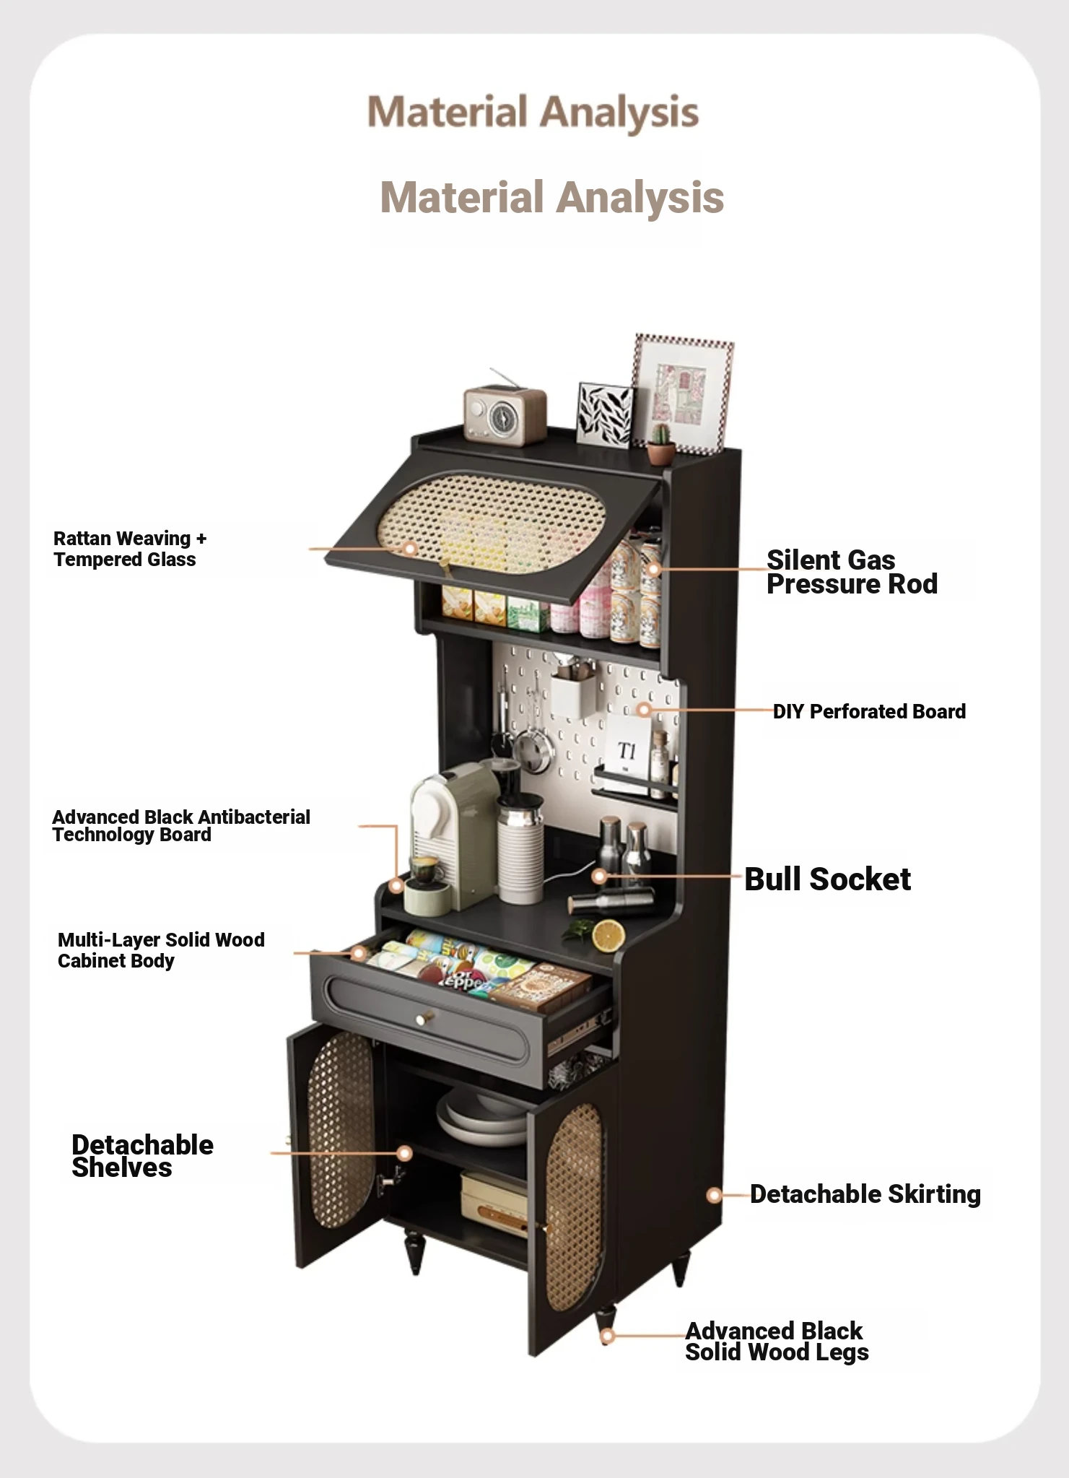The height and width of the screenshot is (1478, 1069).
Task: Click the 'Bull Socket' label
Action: (x=827, y=879)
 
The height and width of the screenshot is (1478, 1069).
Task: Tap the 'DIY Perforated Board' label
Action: (x=869, y=711)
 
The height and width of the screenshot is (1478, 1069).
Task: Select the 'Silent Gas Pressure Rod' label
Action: (x=852, y=572)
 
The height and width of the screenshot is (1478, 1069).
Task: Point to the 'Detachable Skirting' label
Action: (x=865, y=1194)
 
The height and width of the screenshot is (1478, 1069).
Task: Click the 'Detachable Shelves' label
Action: (x=142, y=1156)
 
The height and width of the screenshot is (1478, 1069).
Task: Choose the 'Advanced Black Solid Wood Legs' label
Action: (x=777, y=1342)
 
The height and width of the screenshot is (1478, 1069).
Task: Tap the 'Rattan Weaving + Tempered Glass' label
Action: (x=130, y=549)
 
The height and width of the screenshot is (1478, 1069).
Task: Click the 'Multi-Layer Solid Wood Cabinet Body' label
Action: (x=161, y=950)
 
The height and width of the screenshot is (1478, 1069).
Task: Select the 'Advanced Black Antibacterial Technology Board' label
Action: (x=181, y=826)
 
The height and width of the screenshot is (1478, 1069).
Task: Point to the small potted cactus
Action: (x=660, y=443)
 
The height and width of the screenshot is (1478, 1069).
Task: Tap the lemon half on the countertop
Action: (x=608, y=936)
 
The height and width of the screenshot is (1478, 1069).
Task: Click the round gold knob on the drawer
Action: (x=422, y=1019)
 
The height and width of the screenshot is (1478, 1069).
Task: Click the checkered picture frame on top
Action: (x=682, y=394)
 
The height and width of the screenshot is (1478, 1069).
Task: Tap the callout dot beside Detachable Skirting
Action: (x=714, y=1195)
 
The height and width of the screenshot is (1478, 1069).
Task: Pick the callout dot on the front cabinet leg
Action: (x=608, y=1336)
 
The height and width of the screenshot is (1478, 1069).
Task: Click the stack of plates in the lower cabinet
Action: (x=482, y=1118)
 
